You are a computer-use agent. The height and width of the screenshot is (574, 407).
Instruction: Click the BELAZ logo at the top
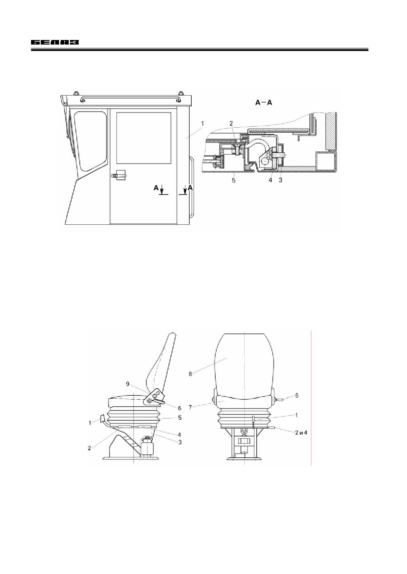tap(55, 43)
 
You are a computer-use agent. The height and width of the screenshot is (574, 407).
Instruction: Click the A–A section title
tap(264, 103)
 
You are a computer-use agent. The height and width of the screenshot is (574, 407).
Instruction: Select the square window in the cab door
tap(144, 138)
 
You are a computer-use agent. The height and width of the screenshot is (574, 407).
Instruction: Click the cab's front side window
tap(91, 140)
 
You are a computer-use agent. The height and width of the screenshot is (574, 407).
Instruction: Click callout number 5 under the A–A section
tap(233, 180)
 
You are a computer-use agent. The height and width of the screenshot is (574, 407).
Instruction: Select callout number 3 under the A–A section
tap(280, 180)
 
